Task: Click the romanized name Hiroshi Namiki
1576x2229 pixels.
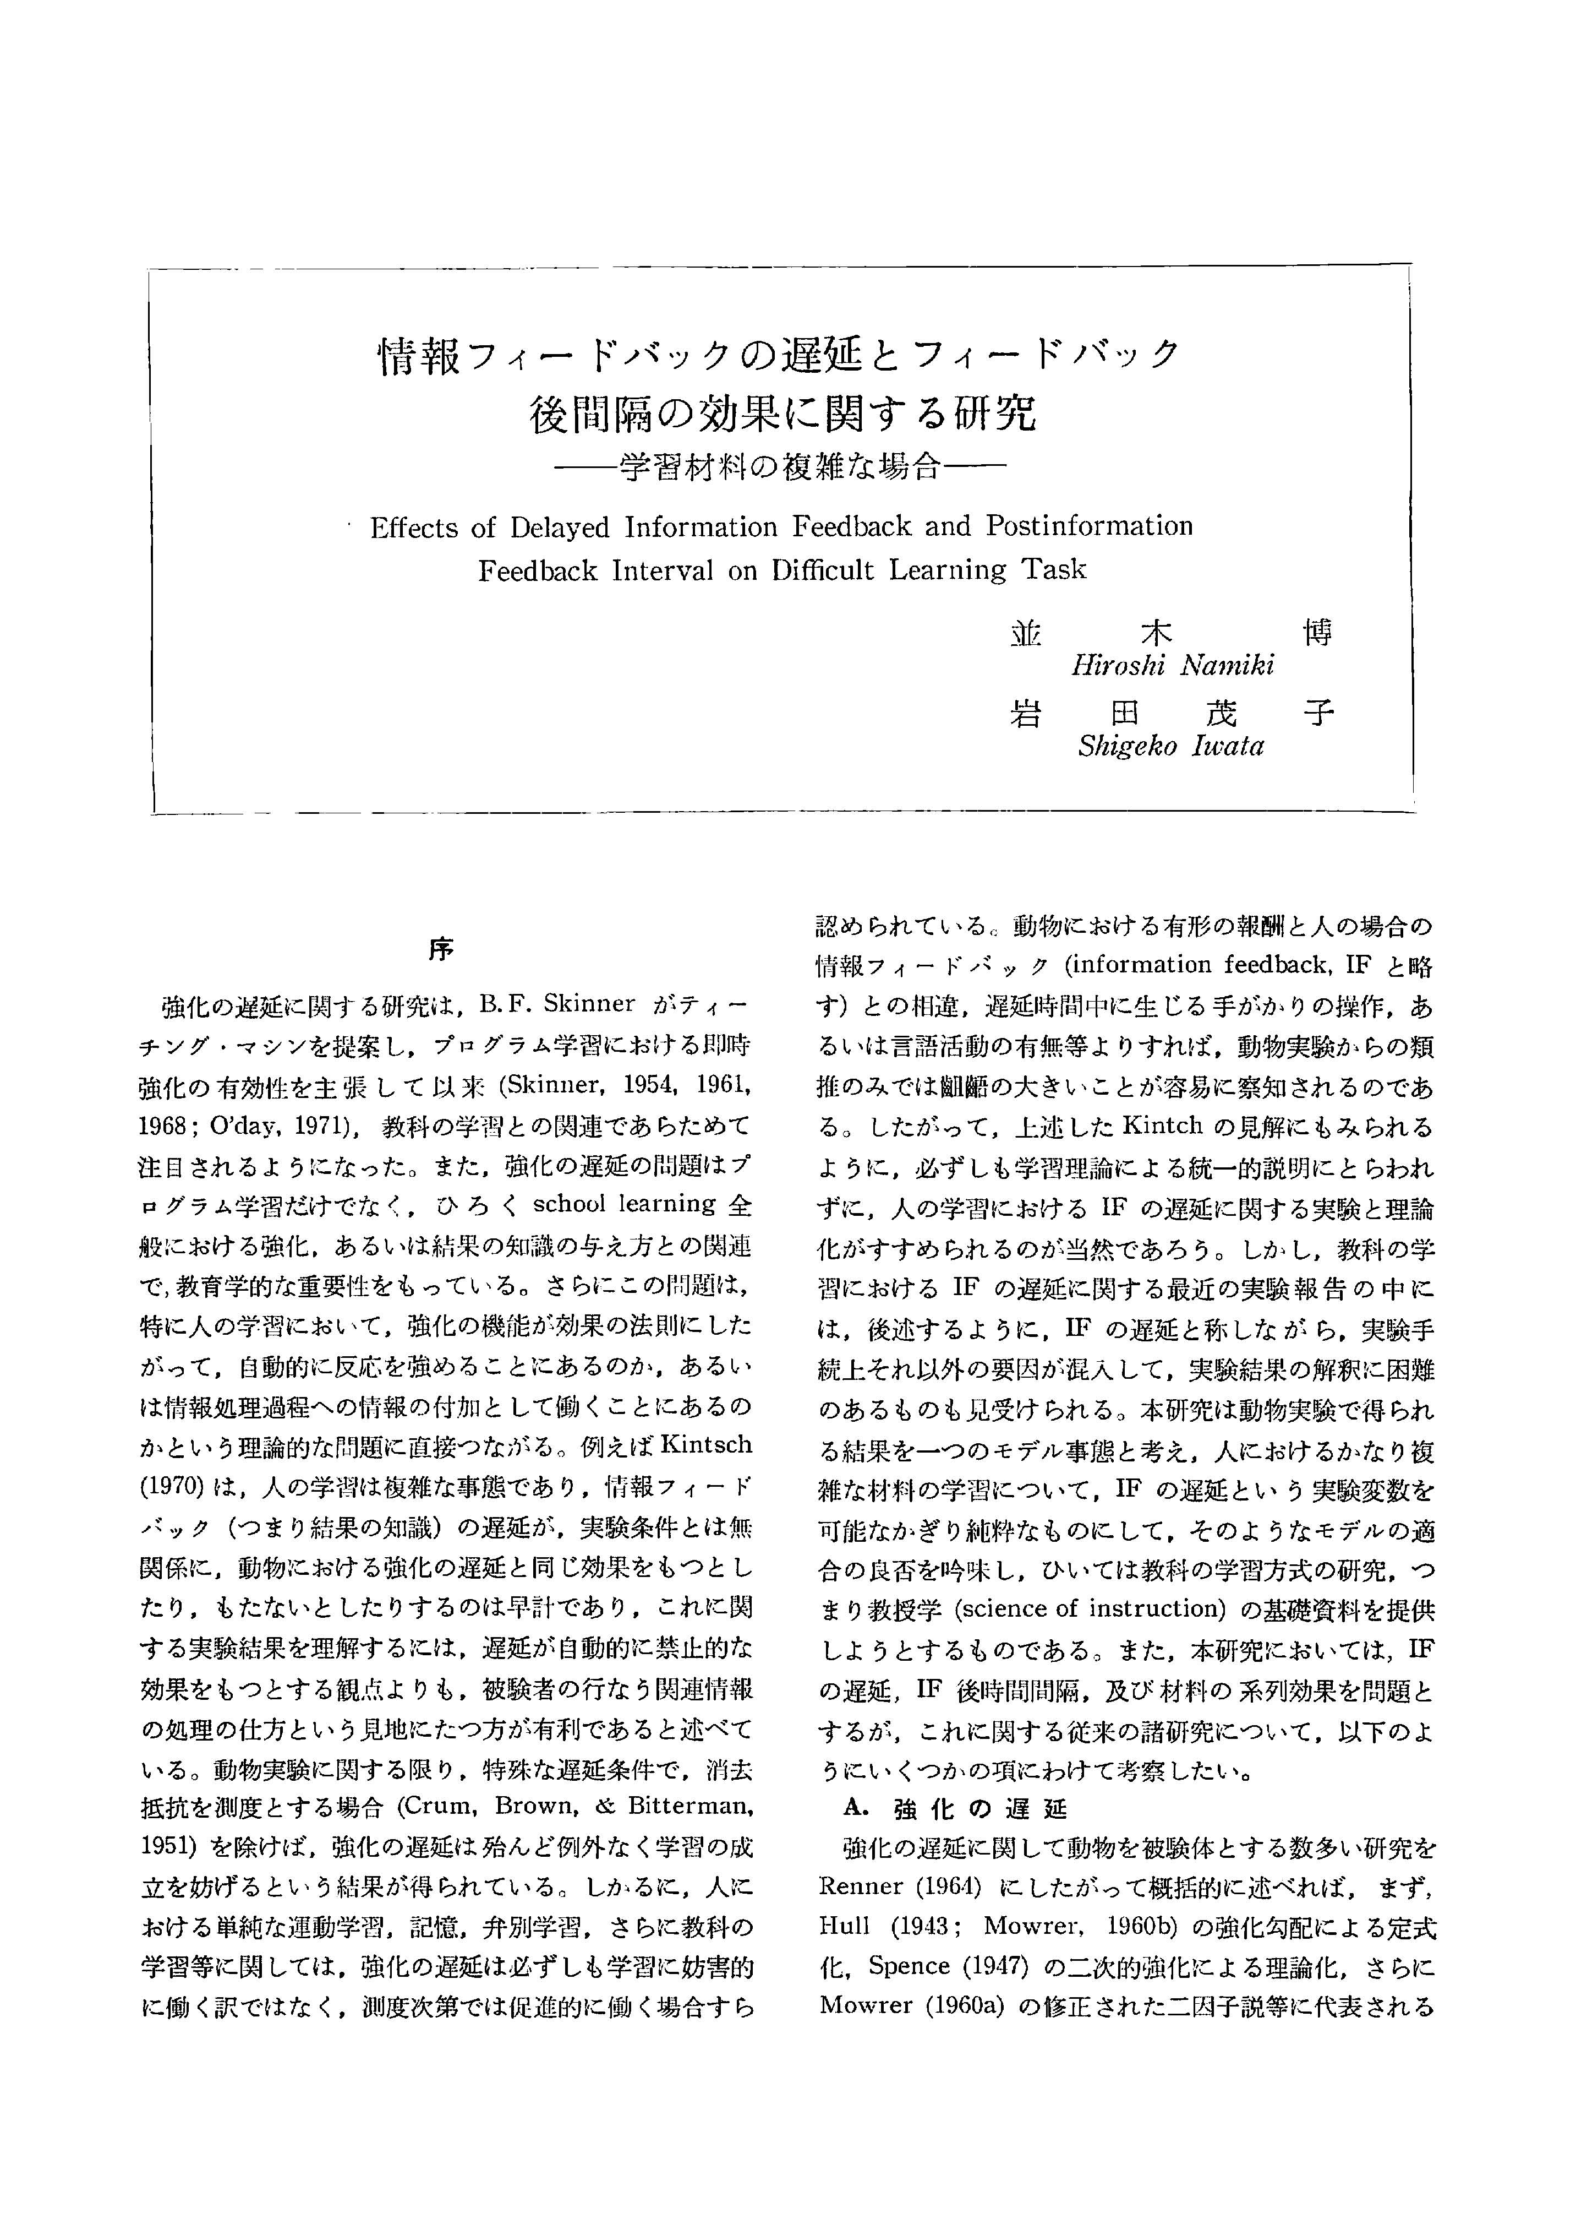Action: pos(1172,665)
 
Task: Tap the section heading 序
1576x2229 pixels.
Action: pos(441,949)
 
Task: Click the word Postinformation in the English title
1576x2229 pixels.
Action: pos(1090,526)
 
